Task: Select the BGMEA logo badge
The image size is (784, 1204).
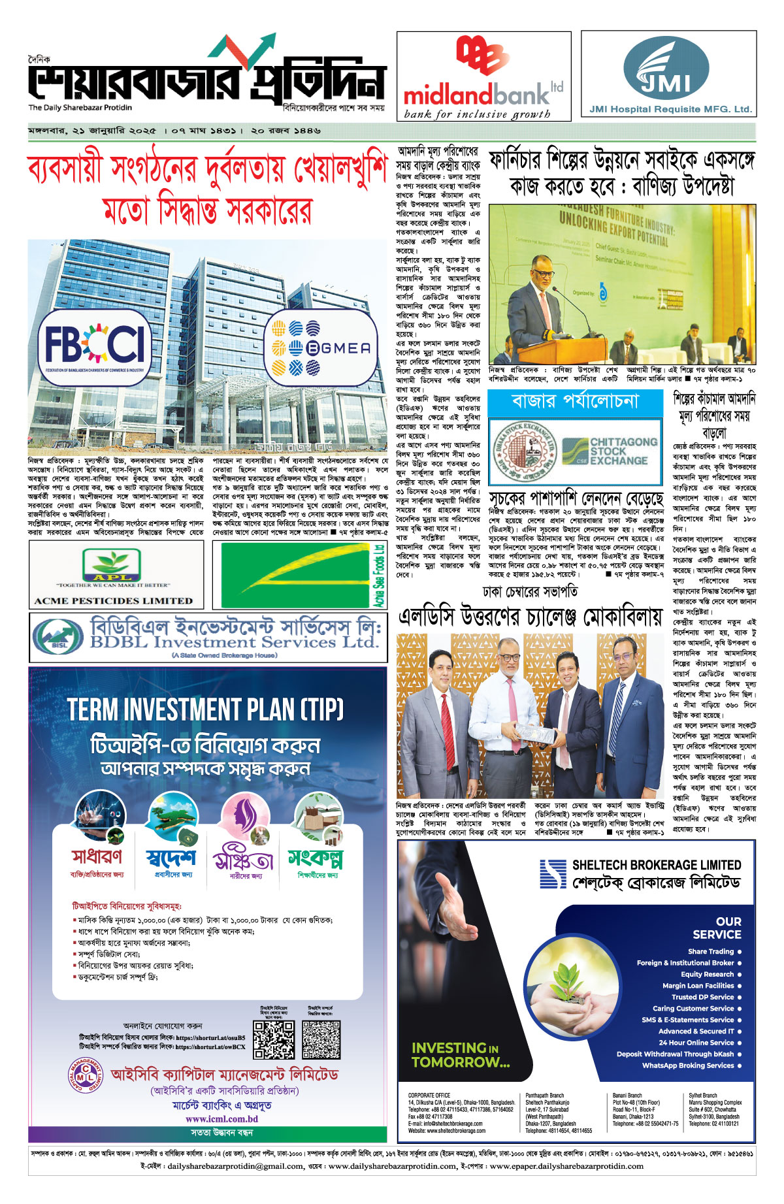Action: [x=321, y=348]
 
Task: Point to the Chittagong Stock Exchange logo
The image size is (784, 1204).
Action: [x=610, y=451]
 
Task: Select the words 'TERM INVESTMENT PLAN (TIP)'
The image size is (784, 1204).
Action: [x=206, y=709]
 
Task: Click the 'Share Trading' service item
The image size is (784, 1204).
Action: [x=710, y=951]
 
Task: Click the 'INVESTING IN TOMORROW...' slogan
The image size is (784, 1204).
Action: [x=460, y=1055]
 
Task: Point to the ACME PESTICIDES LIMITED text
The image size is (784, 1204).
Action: [x=114, y=600]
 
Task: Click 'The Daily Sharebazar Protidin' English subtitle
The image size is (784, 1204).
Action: [x=80, y=108]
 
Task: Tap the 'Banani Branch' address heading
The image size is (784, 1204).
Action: [x=627, y=1096]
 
